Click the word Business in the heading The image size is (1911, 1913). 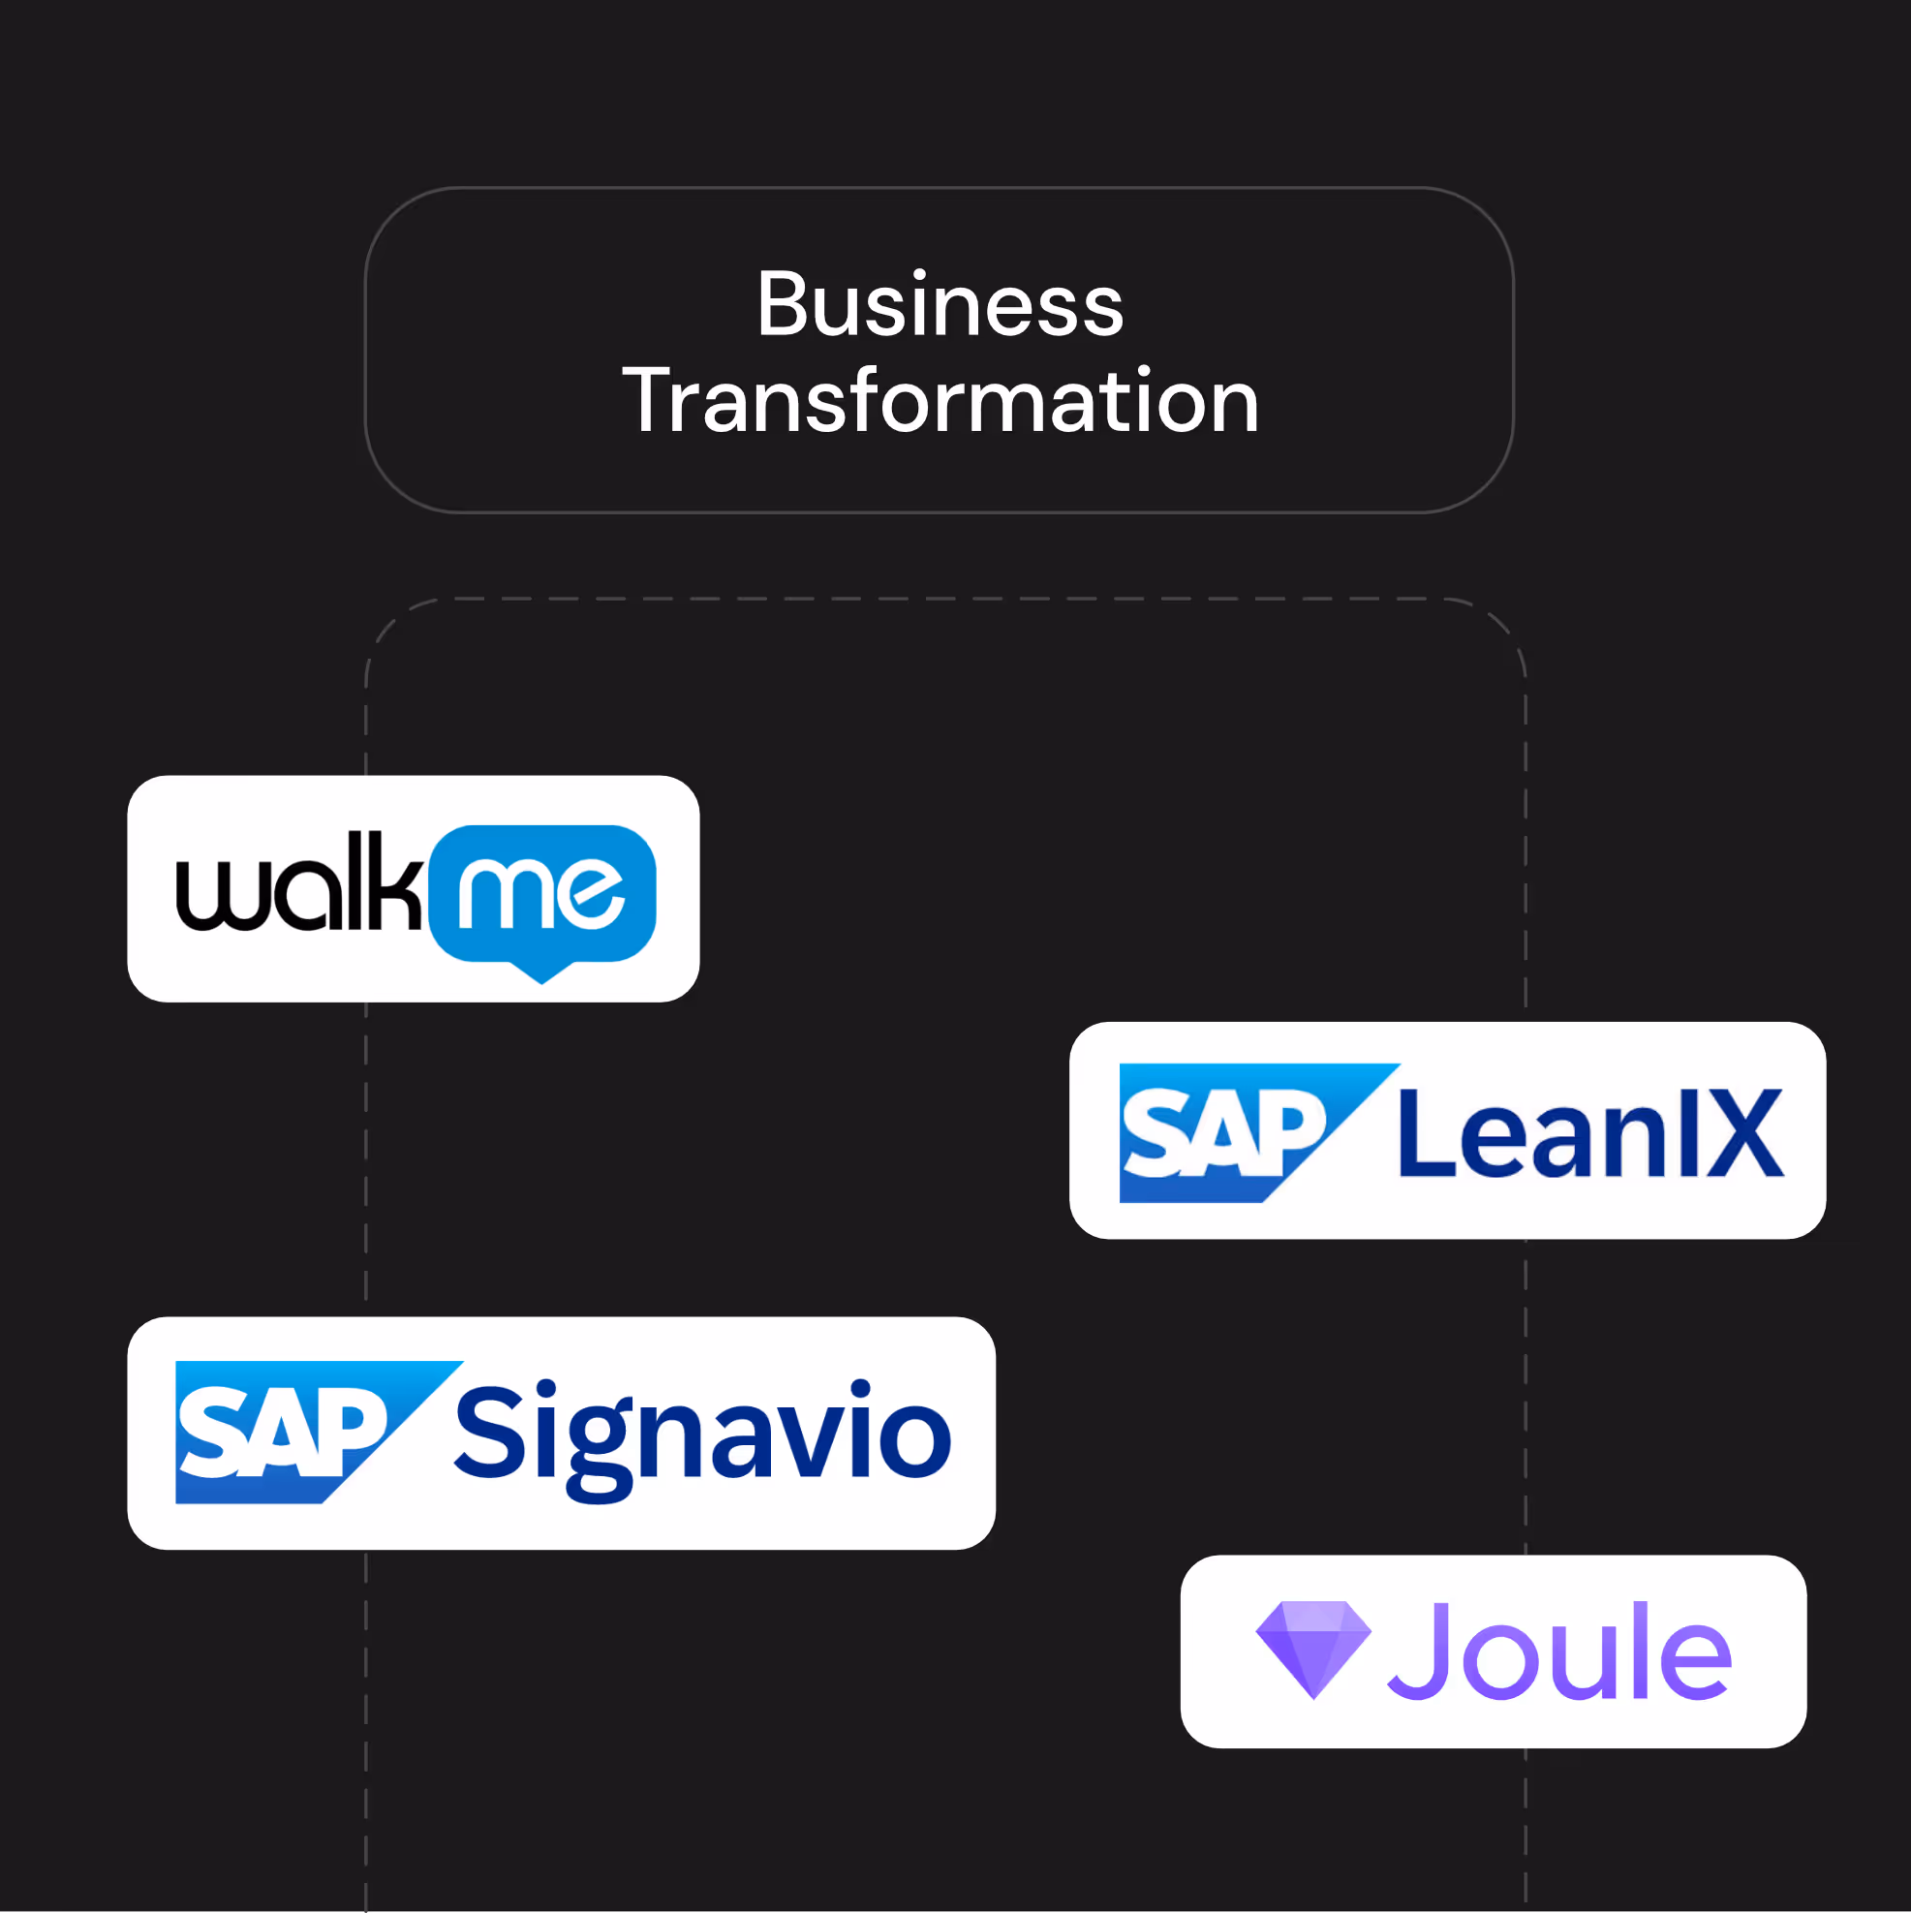(x=940, y=305)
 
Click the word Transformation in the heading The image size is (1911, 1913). (x=940, y=401)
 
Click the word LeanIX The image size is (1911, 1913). (x=1590, y=1132)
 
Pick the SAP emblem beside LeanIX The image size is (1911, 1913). (x=1228, y=1132)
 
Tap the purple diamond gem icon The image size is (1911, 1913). (x=1313, y=1648)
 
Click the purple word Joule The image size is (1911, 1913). (x=1560, y=1651)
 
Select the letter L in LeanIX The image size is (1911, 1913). (x=1424, y=1132)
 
